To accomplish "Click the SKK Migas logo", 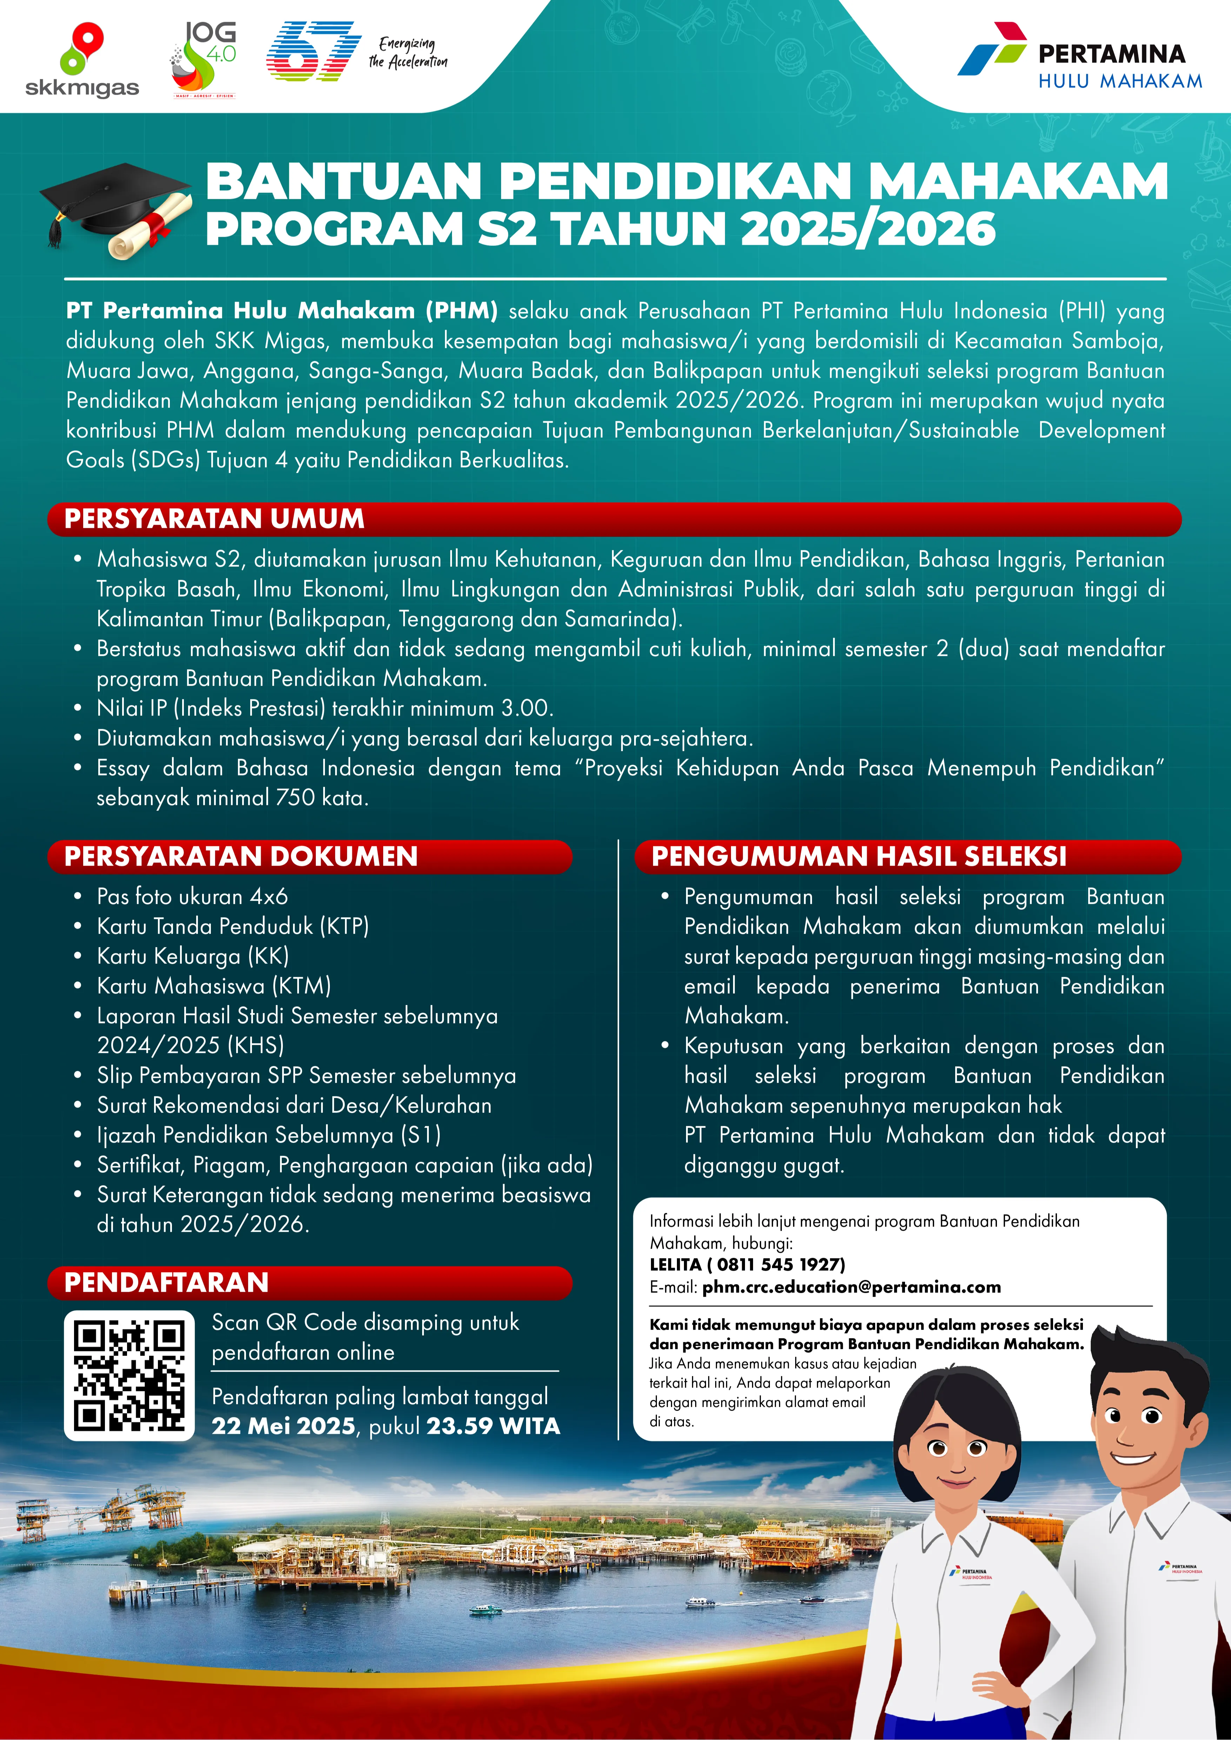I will click(x=82, y=62).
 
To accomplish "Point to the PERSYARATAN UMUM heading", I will click(x=214, y=519).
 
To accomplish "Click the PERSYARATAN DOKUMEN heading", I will click(x=241, y=856).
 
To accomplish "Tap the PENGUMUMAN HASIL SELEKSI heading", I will click(x=859, y=856).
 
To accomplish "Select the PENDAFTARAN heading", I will click(x=167, y=1282).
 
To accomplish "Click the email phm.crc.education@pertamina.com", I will click(x=851, y=1287).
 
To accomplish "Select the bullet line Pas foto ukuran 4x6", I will click(x=193, y=896).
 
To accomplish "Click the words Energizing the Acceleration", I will click(x=408, y=53).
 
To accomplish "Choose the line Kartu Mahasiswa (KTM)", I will click(x=214, y=986).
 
